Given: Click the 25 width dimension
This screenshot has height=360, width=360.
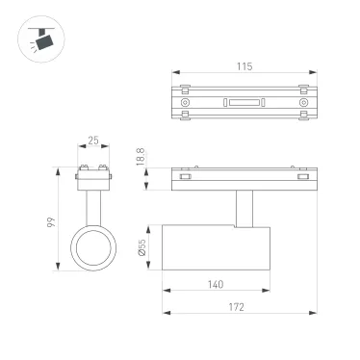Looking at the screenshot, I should tap(93, 141).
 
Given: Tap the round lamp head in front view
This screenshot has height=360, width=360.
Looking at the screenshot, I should tap(93, 247).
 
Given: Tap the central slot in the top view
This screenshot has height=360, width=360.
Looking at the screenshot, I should tap(244, 101).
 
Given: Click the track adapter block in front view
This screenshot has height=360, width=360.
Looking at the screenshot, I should tap(93, 176).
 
